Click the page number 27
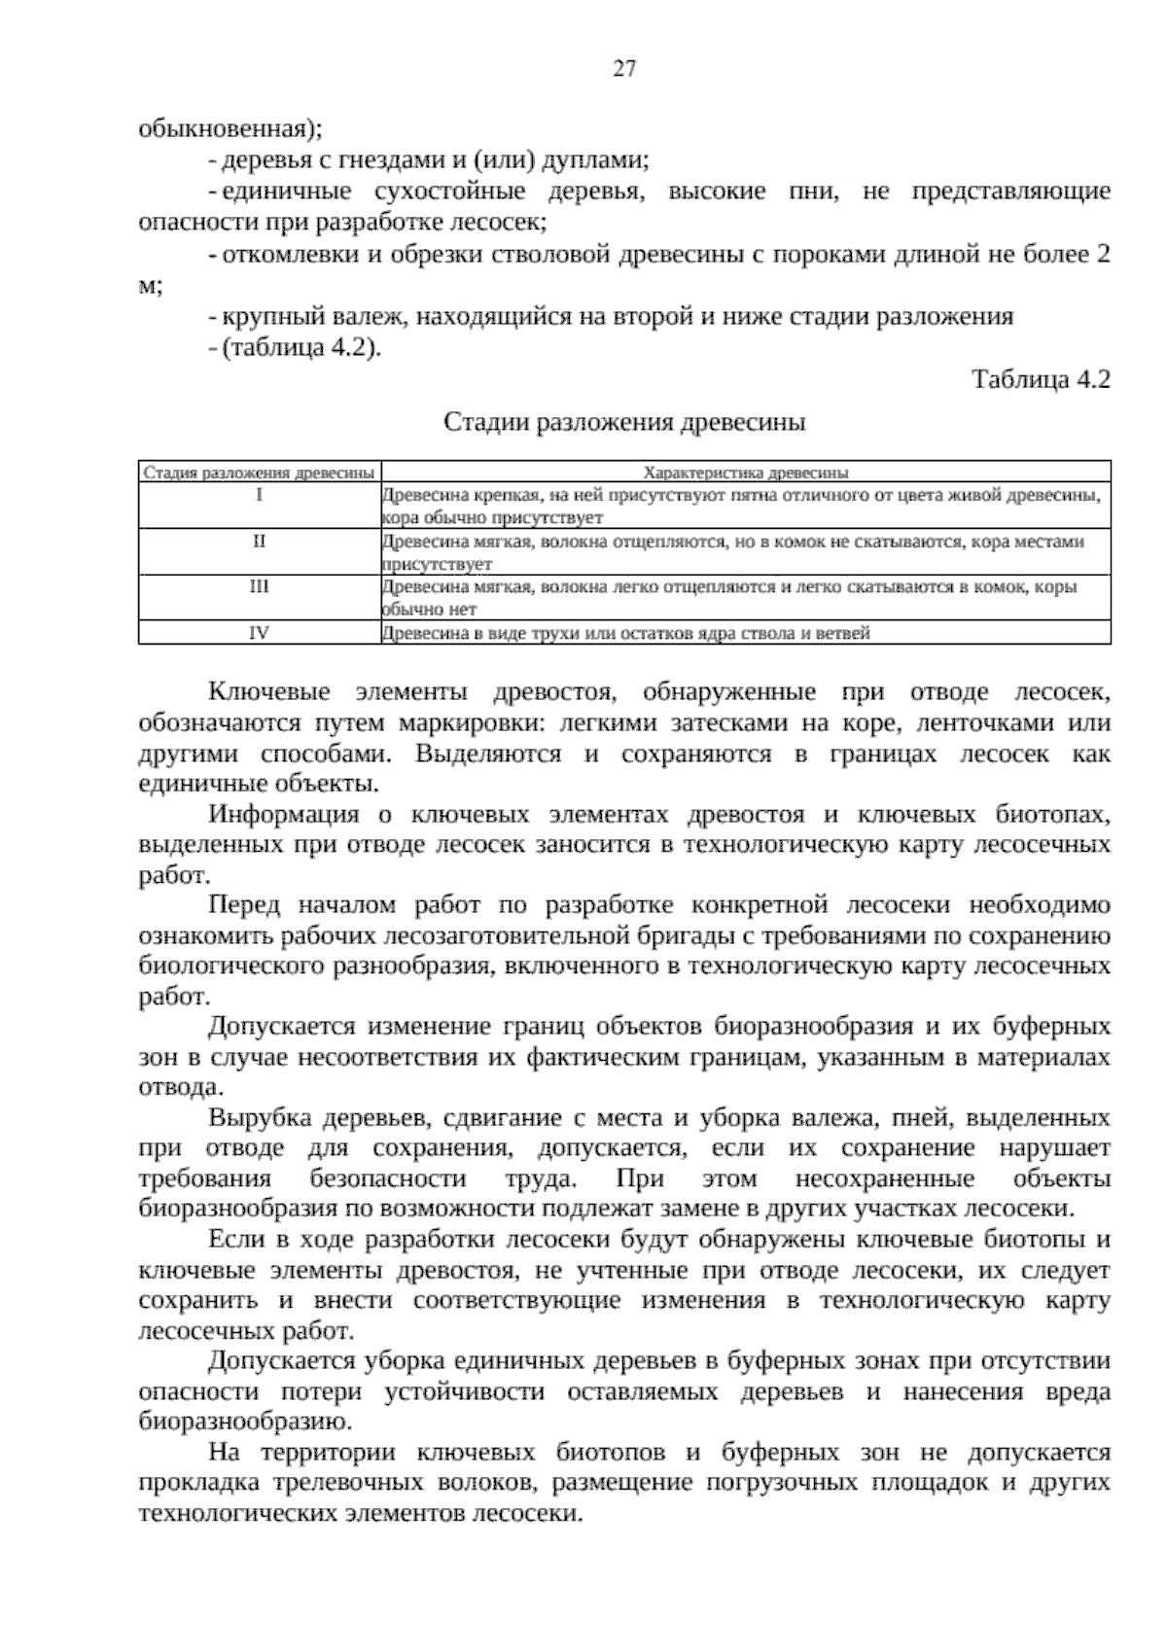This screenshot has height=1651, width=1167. coord(624,68)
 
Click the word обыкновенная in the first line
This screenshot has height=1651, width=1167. coord(230,128)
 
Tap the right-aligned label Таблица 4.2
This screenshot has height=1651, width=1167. coord(1041,380)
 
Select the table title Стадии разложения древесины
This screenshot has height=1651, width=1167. coord(624,423)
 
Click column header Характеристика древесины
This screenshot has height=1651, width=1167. coord(746,474)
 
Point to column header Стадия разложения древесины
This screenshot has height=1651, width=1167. coord(260,474)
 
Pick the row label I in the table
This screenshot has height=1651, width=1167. coord(260,495)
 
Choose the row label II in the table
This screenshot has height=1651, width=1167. coord(260,541)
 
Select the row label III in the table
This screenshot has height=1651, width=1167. coord(260,587)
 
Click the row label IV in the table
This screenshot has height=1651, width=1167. coord(260,633)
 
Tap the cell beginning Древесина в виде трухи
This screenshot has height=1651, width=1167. coord(625,633)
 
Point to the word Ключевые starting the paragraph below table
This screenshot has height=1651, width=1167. coord(269,692)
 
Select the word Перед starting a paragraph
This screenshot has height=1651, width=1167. coord(244,905)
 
